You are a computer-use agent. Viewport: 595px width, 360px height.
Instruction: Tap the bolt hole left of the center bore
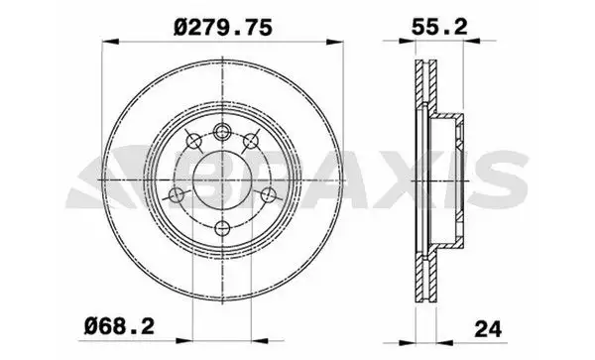click(178, 193)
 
